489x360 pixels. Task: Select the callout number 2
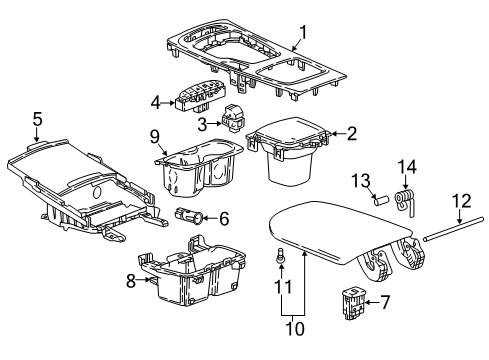351,133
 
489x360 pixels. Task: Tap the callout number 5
37,120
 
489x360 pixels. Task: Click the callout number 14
406,165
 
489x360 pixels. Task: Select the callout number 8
131,282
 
